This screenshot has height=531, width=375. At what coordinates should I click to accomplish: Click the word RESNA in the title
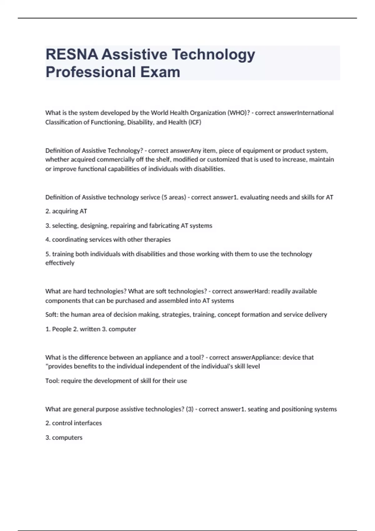pos(72,54)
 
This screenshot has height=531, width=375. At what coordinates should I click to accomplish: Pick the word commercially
pos(115,160)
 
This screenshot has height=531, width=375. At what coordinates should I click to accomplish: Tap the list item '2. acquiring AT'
pos(66,211)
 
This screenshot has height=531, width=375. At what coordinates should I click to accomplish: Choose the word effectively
pos(60,263)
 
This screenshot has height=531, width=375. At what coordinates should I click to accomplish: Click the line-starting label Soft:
pos(52,315)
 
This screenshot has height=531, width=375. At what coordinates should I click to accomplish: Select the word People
pos(62,329)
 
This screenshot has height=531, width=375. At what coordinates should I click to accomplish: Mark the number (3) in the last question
pos(190,409)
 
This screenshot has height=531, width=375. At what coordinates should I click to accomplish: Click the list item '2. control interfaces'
pos(73,423)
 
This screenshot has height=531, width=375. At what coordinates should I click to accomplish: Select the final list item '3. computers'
pos(64,438)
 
